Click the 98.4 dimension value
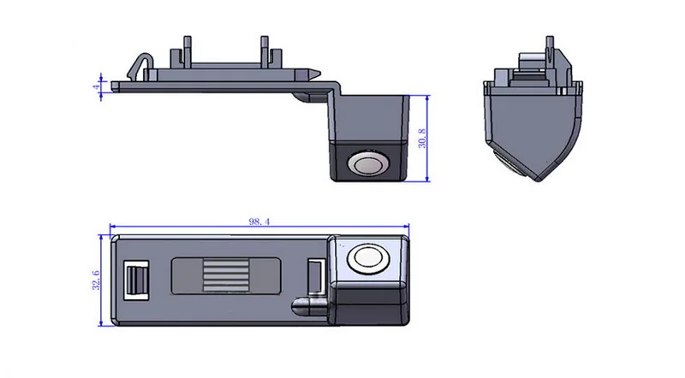coord(259,221)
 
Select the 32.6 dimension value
coord(96,281)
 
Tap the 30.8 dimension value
coord(422,139)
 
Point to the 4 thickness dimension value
coord(96,86)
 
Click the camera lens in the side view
coord(368,164)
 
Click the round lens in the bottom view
coord(368,258)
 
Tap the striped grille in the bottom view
coord(225,275)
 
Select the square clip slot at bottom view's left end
coord(136,281)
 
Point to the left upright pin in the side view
coord(188,51)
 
